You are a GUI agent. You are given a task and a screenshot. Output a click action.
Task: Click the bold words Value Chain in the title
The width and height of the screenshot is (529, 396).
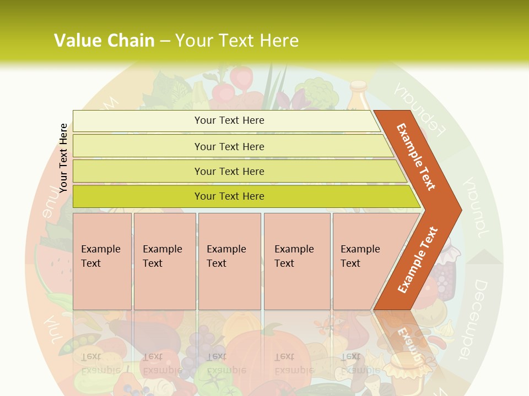tap(104, 41)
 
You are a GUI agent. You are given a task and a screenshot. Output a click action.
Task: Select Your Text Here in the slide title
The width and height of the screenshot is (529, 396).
tap(237, 41)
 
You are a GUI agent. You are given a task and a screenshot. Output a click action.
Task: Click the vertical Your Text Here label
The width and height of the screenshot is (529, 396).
tap(63, 158)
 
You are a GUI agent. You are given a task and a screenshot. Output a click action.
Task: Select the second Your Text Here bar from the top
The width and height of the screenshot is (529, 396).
tap(229, 146)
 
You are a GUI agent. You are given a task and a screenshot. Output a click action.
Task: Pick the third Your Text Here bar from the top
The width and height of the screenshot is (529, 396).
tap(229, 171)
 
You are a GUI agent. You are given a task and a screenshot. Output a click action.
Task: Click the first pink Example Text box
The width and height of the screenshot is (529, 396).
tap(102, 261)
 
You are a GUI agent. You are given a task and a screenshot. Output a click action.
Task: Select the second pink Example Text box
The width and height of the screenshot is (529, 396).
tap(164, 261)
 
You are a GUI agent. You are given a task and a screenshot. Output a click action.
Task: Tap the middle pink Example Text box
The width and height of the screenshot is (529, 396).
tap(229, 261)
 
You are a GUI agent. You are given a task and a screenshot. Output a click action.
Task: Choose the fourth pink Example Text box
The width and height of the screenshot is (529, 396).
tap(297, 261)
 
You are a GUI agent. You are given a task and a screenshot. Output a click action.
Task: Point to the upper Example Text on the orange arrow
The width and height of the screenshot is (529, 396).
tap(416, 157)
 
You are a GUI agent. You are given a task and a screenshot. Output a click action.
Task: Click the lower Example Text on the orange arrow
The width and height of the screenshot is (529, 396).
tap(417, 260)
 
